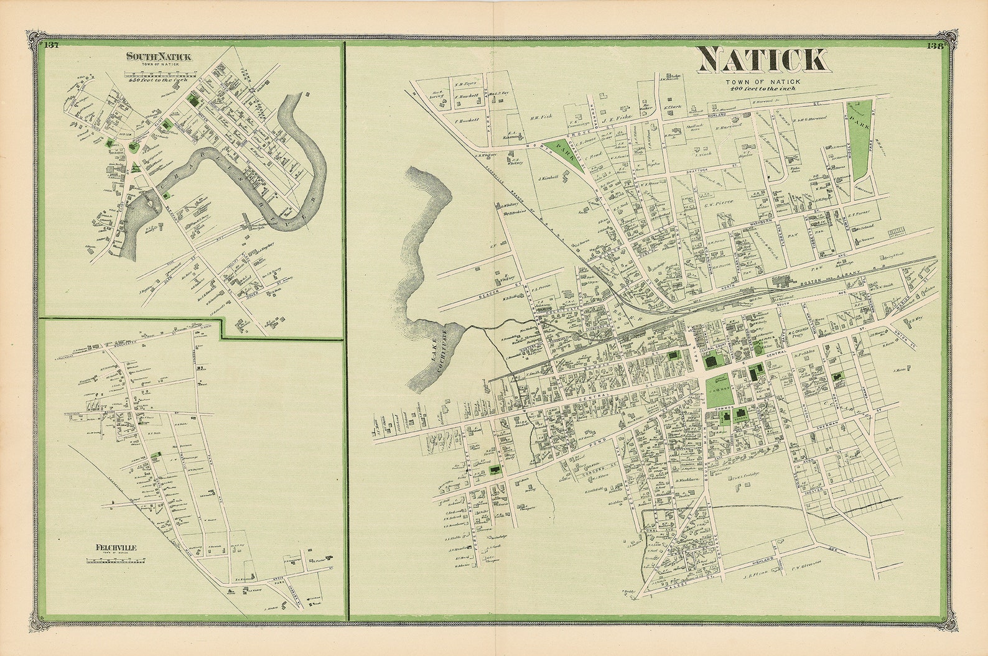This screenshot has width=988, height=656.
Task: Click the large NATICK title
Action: tap(763, 60)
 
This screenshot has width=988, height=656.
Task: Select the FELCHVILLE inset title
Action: tap(116, 548)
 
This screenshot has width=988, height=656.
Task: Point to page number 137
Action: tap(52, 44)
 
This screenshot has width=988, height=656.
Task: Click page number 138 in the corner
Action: tap(935, 45)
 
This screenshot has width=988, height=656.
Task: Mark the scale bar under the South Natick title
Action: tap(159, 73)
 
